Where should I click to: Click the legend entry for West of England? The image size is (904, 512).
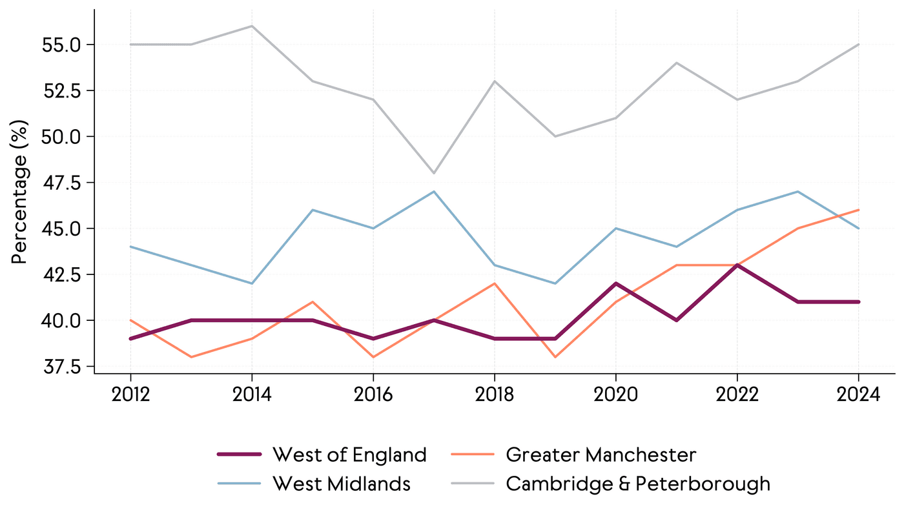pos(349,455)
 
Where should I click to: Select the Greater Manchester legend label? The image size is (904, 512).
pos(601,455)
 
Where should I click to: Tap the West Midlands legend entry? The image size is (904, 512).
pos(342,484)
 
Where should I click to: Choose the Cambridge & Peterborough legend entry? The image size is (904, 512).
pos(638,484)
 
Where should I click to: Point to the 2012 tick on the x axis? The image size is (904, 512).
pos(130,394)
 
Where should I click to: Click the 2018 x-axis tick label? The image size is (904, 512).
pos(494,394)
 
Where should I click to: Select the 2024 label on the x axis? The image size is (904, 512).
pos(858,394)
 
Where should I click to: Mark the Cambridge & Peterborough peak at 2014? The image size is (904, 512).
pos(252,26)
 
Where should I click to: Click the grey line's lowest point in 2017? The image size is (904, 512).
pos(434,173)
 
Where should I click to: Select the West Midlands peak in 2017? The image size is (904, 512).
pos(434,192)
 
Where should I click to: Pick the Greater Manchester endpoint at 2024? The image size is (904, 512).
pos(858,210)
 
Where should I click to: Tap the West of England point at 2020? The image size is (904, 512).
pos(615,283)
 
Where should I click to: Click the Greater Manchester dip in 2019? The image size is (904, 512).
pos(555,357)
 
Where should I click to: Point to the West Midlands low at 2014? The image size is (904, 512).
pos(252,283)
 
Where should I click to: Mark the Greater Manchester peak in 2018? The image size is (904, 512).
pos(494,283)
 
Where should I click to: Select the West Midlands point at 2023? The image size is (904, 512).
pos(797,192)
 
